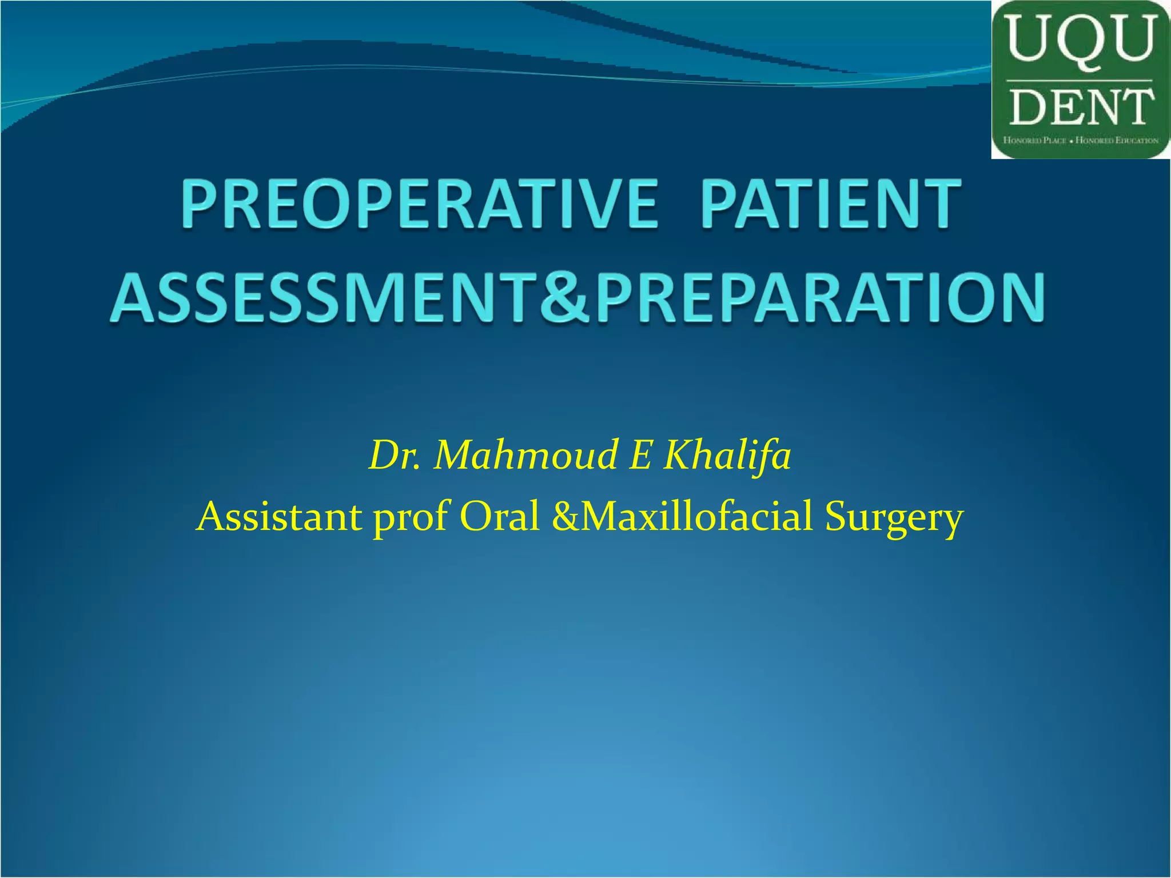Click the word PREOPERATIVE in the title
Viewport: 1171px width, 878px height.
click(x=420, y=204)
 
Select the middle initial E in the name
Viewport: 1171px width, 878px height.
click(x=639, y=456)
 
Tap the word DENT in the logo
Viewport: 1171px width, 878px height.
click(x=1080, y=107)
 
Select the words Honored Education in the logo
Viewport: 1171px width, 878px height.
click(x=1117, y=140)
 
